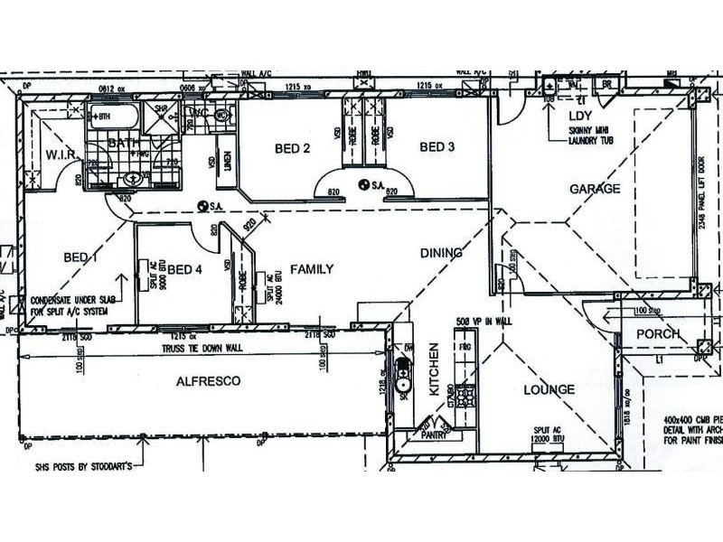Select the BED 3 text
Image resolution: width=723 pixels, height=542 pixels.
437,147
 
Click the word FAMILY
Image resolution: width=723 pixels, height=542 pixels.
311,269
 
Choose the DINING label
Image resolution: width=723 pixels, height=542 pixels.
441,253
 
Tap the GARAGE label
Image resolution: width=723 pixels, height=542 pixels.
595,189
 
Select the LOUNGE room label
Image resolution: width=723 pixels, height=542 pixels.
549,390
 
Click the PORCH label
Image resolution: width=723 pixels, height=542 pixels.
657,334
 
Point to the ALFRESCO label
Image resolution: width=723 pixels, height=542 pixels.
208,382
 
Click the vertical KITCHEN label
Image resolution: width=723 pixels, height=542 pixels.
434,371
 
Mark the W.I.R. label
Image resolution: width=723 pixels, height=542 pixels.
65,156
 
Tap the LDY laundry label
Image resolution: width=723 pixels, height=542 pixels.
578,117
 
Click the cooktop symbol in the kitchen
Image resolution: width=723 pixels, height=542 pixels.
465,395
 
